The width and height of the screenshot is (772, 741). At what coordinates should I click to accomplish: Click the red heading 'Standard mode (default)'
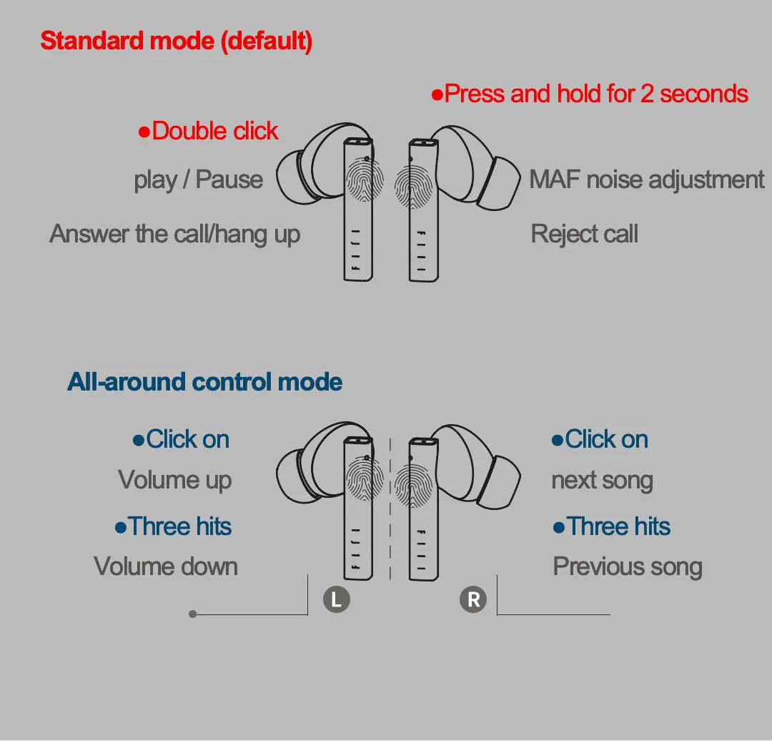pos(176,41)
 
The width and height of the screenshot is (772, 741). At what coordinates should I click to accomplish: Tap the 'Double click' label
pos(208,131)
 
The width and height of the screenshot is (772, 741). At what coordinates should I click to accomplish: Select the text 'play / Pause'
pos(198,180)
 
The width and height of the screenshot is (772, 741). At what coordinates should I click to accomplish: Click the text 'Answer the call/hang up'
pos(174,234)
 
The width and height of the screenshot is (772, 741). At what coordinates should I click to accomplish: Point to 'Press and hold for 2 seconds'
pos(590,94)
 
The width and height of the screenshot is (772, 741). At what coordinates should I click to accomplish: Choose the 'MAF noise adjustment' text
pos(646,180)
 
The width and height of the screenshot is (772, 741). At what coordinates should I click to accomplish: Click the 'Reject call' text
pos(584,234)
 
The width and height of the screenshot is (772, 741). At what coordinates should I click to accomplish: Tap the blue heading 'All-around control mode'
pos(204,382)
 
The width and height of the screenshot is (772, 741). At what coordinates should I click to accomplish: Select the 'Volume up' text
pos(174,480)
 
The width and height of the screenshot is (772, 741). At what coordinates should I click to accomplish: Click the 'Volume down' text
pos(166,566)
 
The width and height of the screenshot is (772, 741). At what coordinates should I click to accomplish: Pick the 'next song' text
pos(602,480)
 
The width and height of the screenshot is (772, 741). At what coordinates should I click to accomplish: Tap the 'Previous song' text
pos(628,566)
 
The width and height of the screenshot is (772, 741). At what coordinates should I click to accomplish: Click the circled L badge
pos(337,599)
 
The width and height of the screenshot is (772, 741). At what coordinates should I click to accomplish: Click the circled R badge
pos(473,599)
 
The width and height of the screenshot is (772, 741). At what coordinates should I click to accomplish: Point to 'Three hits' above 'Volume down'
pos(173,526)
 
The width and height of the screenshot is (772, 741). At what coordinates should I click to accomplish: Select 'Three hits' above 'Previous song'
pos(612,526)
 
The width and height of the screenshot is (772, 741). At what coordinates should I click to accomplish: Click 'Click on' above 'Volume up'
pos(181,439)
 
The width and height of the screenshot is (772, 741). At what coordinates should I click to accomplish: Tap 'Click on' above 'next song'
pos(600,439)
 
